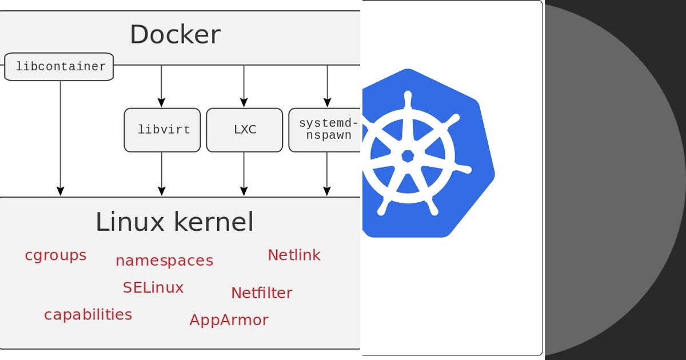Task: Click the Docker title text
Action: pyautogui.click(x=175, y=34)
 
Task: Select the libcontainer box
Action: pyautogui.click(x=59, y=67)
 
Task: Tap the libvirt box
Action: pyautogui.click(x=162, y=130)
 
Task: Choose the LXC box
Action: pyautogui.click(x=245, y=130)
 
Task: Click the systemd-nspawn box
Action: pyautogui.click(x=326, y=130)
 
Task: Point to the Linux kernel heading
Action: pyautogui.click(x=174, y=222)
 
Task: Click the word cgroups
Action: pyautogui.click(x=55, y=255)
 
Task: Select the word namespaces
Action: pyautogui.click(x=164, y=261)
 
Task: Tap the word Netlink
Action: pyautogui.click(x=294, y=255)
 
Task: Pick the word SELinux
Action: pyautogui.click(x=153, y=287)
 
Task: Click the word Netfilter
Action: pyautogui.click(x=261, y=293)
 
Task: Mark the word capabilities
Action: pyautogui.click(x=88, y=314)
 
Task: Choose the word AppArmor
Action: pyautogui.click(x=229, y=320)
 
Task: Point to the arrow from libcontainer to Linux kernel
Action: pyautogui.click(x=61, y=137)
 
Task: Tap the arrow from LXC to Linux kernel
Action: pyautogui.click(x=244, y=174)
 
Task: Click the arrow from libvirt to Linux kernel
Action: pyautogui.click(x=162, y=174)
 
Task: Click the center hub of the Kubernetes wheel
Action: pyautogui.click(x=408, y=155)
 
